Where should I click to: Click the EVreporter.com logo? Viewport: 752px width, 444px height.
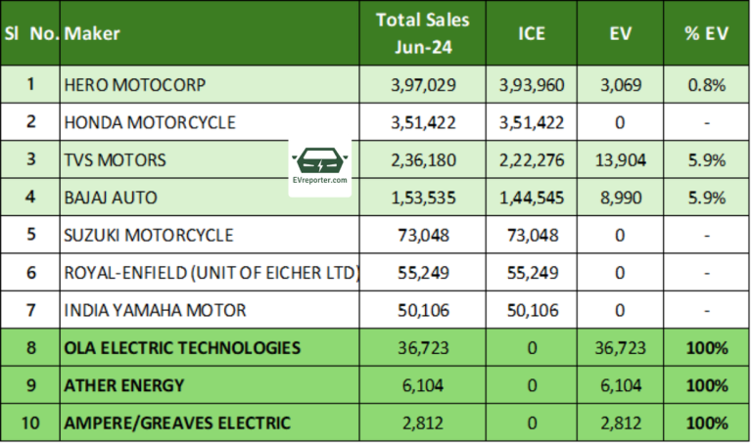pos(321,167)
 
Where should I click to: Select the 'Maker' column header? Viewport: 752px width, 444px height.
pos(92,33)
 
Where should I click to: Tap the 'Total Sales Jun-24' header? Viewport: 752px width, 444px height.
pos(422,32)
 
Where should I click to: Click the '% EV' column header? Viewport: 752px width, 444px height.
pos(706,33)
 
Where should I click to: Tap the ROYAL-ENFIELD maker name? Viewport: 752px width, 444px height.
pos(210,273)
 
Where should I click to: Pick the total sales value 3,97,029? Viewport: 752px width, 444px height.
pos(422,85)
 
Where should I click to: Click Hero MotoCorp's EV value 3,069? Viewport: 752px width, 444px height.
pos(618,85)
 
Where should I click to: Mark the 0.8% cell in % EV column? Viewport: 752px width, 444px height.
pos(706,85)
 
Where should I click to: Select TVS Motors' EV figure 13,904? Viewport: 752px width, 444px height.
pos(618,160)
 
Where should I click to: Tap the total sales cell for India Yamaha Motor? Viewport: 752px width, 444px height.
pos(422,311)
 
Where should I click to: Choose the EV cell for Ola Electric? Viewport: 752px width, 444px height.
pos(618,348)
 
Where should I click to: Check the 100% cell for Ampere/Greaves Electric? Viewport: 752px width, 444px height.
pos(706,423)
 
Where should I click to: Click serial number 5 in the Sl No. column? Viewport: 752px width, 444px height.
pos(30,236)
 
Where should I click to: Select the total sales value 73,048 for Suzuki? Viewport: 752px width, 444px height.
pos(422,236)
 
